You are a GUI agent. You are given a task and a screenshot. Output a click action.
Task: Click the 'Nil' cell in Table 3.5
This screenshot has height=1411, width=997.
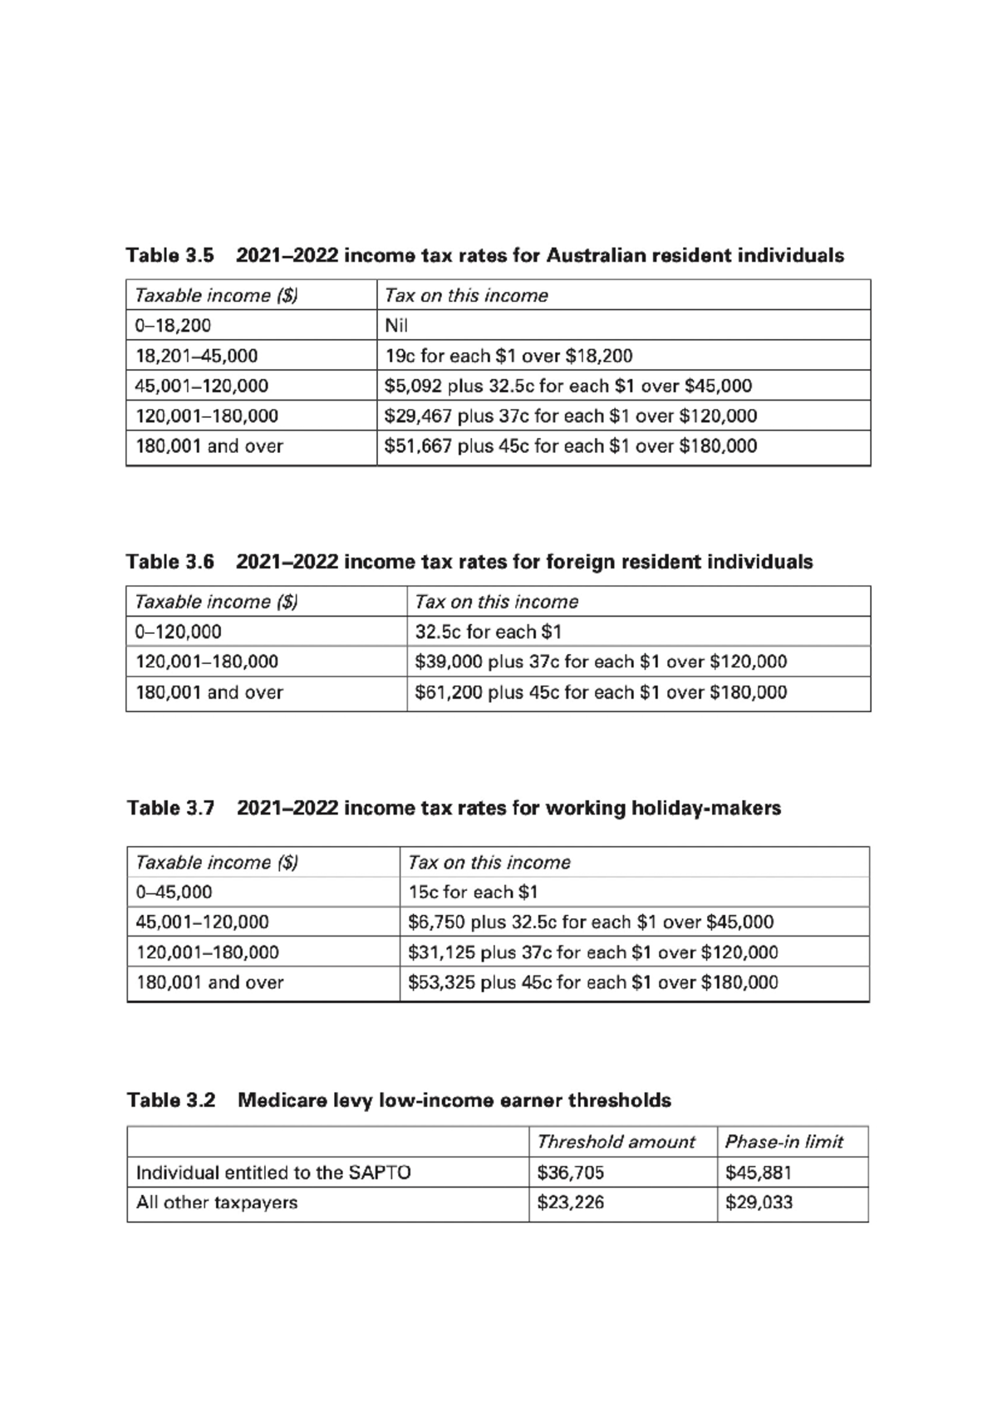tap(396, 326)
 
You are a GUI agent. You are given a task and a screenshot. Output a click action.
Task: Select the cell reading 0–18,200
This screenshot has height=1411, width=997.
tap(174, 326)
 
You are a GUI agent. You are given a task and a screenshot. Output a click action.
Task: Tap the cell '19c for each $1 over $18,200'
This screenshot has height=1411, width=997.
tap(508, 356)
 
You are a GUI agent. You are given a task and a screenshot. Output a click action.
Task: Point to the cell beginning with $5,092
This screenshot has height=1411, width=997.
tap(568, 386)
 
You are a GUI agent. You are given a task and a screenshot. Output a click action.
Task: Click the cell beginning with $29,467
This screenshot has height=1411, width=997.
tap(571, 416)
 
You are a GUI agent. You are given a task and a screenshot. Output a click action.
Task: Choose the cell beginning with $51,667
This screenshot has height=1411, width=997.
tap(571, 446)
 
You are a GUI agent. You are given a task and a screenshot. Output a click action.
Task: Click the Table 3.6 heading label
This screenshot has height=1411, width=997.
tap(170, 563)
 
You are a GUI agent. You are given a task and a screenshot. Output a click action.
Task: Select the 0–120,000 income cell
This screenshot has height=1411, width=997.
tap(179, 632)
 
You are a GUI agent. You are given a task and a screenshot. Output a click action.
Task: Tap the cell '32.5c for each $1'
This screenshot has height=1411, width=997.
tap(489, 632)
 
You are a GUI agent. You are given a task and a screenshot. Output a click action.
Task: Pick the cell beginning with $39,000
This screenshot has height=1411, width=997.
tap(601, 662)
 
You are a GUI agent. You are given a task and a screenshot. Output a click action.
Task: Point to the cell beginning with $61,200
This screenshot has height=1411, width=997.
tap(601, 693)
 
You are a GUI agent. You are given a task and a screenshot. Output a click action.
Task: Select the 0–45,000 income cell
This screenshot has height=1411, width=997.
tap(174, 892)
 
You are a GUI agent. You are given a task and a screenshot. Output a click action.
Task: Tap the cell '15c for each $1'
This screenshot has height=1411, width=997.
tap(473, 892)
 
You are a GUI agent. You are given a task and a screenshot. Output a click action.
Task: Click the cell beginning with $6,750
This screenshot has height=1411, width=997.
tap(591, 922)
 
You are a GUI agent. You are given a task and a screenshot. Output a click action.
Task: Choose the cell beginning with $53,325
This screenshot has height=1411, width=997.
tap(593, 983)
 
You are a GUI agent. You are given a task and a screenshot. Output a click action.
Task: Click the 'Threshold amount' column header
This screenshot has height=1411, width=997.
tap(616, 1143)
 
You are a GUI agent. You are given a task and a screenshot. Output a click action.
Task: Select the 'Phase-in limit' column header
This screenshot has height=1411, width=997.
tap(783, 1143)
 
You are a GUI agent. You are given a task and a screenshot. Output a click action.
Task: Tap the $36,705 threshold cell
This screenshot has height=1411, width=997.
tap(571, 1173)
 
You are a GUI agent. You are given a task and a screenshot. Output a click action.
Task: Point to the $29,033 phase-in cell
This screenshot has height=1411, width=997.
tap(759, 1203)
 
